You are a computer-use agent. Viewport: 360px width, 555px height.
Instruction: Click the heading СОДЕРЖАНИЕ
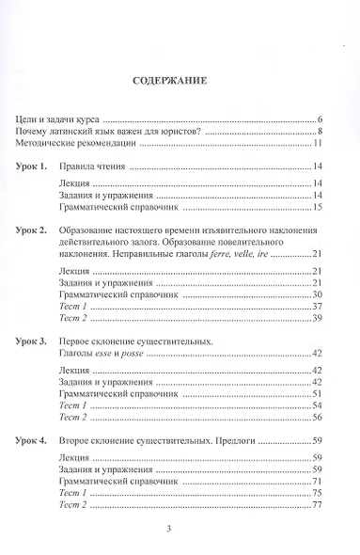coord(180,80)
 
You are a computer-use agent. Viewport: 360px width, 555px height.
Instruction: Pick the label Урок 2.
coord(39,230)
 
